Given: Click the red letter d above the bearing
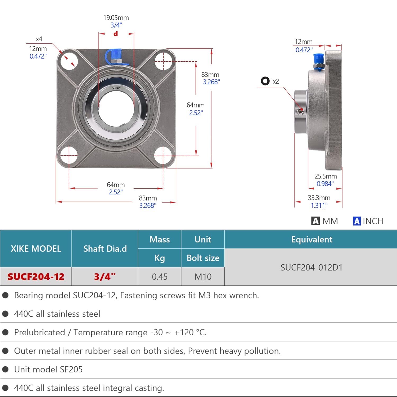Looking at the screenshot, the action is tap(116, 34).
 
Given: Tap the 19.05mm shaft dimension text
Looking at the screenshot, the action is tap(116, 18).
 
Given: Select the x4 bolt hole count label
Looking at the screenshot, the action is tap(39, 39).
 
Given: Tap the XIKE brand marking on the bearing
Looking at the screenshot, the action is tap(116, 88).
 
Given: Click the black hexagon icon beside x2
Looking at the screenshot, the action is tap(265, 81).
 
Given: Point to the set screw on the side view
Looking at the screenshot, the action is tap(300, 111).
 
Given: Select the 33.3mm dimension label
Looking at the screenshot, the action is tap(319, 198).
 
